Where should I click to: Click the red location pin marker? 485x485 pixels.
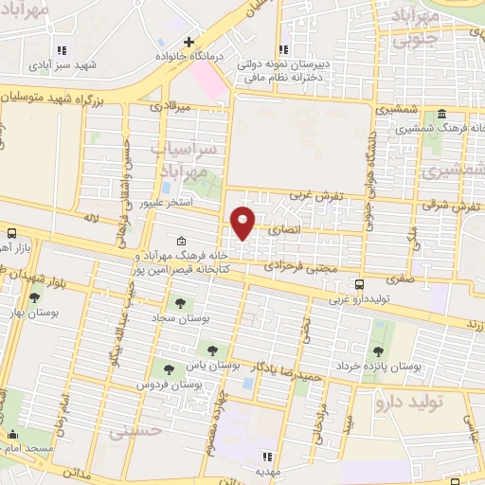click(243, 221)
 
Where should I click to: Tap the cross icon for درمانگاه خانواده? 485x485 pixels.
click(189, 43)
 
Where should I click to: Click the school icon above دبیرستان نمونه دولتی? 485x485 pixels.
click(283, 50)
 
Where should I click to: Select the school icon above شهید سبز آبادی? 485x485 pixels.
click(62, 50)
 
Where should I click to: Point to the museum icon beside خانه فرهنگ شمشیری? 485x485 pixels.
click(442, 115)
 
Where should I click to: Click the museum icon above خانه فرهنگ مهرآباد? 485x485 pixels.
click(181, 242)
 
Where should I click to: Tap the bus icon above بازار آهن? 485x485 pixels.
click(11, 232)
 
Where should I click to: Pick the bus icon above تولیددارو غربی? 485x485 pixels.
click(358, 283)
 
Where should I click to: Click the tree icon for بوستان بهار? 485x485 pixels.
click(34, 297)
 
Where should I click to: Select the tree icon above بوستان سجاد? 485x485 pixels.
click(179, 303)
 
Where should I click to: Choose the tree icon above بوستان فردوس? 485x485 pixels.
click(169, 370)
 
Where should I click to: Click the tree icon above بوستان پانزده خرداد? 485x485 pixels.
click(378, 350)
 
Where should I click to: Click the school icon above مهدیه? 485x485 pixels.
click(267, 457)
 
